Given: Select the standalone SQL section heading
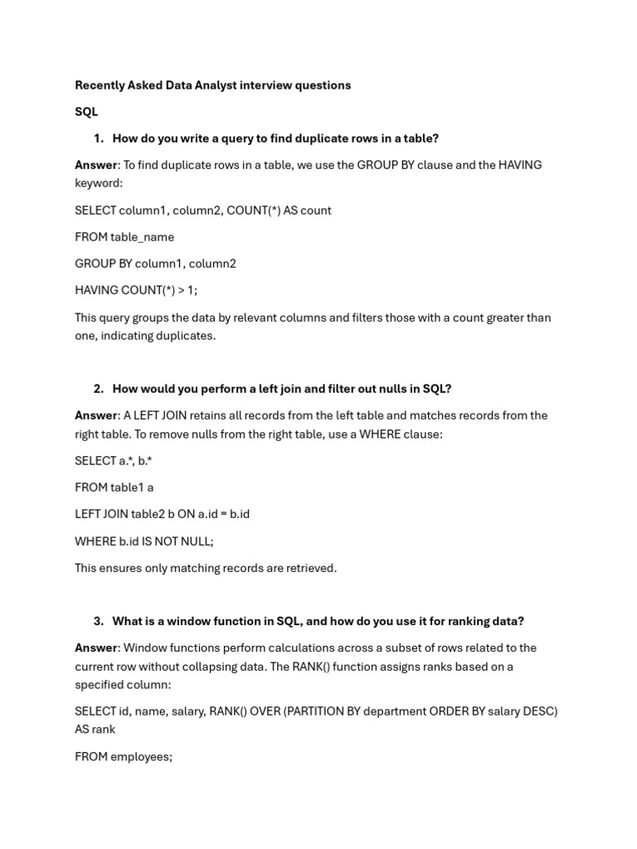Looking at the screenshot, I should pyautogui.click(x=86, y=112).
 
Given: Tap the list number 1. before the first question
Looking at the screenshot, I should pyautogui.click(x=99, y=138).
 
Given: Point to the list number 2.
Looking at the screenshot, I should pyautogui.click(x=99, y=389).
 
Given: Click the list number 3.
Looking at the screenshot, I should pyautogui.click(x=99, y=621).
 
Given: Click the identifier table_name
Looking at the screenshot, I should pyautogui.click(x=142, y=237).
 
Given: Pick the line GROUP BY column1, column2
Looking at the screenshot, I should pyautogui.click(x=155, y=264).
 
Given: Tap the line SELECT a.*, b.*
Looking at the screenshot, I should pyautogui.click(x=114, y=461).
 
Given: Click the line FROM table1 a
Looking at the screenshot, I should pyautogui.click(x=114, y=488).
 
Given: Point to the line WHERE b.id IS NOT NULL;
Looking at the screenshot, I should pyautogui.click(x=144, y=541).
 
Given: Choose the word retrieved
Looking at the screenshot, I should pyautogui.click(x=309, y=568).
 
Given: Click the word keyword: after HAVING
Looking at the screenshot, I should pyautogui.click(x=99, y=183).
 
